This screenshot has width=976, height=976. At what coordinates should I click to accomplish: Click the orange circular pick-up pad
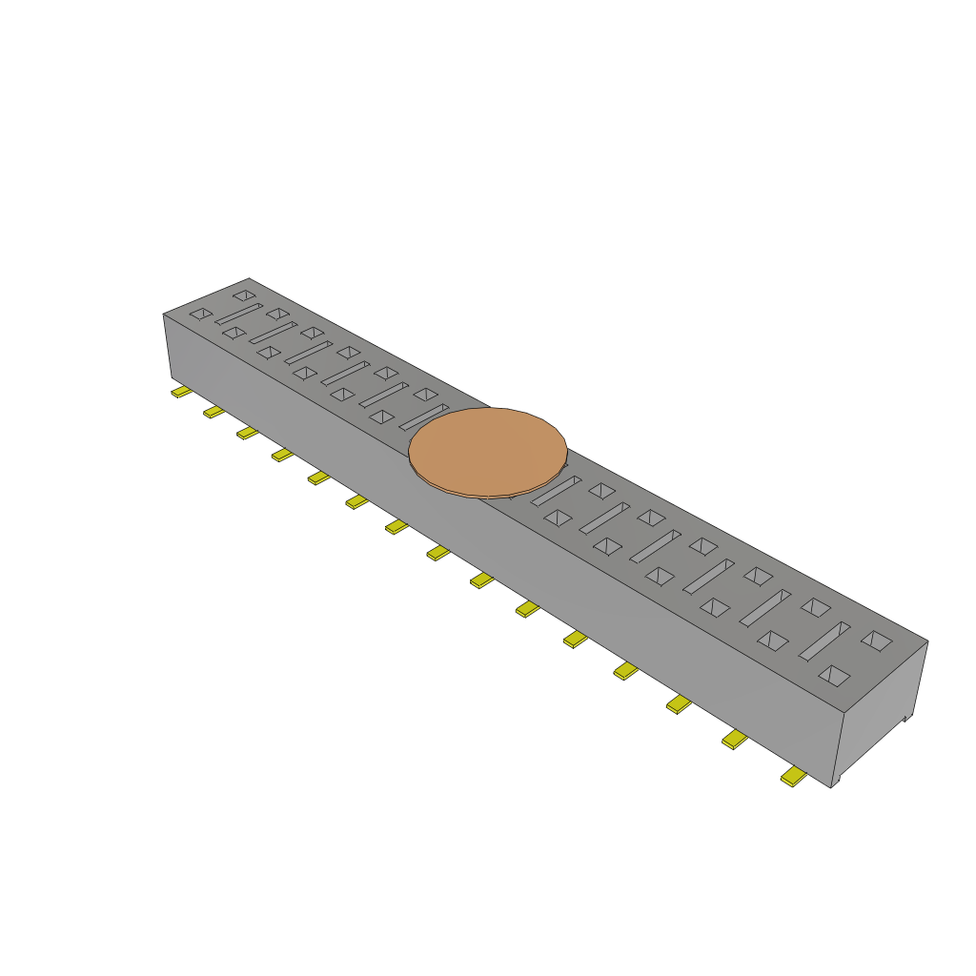(488, 451)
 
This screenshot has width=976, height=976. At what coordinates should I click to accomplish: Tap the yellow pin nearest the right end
(792, 778)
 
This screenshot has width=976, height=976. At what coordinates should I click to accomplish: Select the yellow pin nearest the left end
(180, 392)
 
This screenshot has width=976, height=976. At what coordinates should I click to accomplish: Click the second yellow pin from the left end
(213, 412)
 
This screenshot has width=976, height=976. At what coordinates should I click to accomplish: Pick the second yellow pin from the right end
(734, 739)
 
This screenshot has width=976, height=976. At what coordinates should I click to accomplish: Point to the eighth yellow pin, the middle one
(437, 553)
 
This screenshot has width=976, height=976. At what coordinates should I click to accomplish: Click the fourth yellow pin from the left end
(282, 455)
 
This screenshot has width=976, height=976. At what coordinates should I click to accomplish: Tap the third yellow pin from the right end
(679, 704)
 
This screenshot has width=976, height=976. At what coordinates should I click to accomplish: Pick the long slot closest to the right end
(823, 641)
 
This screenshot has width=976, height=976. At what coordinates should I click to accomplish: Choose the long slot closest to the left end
(238, 314)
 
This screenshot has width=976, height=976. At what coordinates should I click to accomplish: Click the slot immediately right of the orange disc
(556, 491)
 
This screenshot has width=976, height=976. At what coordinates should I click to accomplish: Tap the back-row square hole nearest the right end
(876, 640)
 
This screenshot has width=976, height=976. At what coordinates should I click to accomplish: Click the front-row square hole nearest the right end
(833, 675)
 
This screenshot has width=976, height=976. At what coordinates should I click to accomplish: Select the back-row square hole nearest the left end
(244, 295)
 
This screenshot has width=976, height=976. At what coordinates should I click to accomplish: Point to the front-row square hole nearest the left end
(200, 314)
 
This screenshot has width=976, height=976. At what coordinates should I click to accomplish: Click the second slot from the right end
(765, 607)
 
